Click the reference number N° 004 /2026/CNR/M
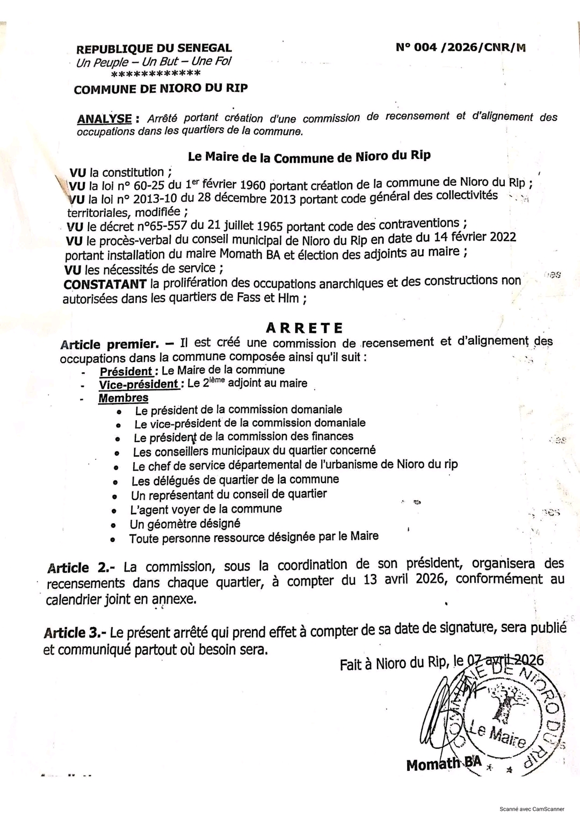coord(460,47)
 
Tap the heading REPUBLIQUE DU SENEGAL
coord(154,49)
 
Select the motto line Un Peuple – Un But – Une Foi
coord(154,62)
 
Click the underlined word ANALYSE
coord(104,119)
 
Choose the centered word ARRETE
coord(304,328)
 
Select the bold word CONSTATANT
coord(105,283)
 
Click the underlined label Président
coord(126,371)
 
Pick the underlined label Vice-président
coord(139,384)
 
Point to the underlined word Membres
coord(123,398)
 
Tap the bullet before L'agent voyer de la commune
coord(114,510)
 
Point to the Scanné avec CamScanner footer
coord(532,809)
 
